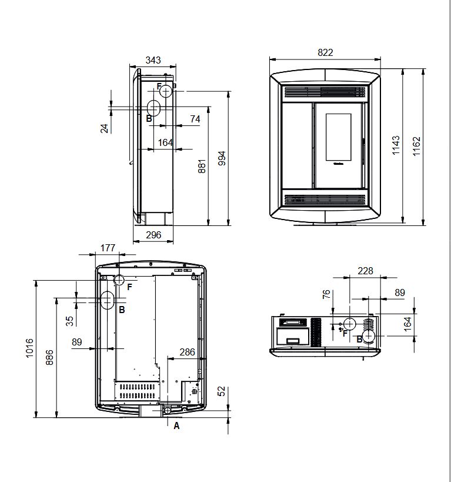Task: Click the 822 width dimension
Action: point(325,52)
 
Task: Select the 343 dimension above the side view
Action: point(153,60)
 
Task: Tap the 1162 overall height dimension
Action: point(416,147)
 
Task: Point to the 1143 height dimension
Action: point(396,145)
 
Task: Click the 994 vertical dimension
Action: point(222,158)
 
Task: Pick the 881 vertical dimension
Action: point(202,167)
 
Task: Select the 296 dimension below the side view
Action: point(153,235)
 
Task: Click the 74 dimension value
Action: point(195,119)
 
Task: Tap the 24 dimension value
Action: point(105,128)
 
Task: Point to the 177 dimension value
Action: point(108,248)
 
